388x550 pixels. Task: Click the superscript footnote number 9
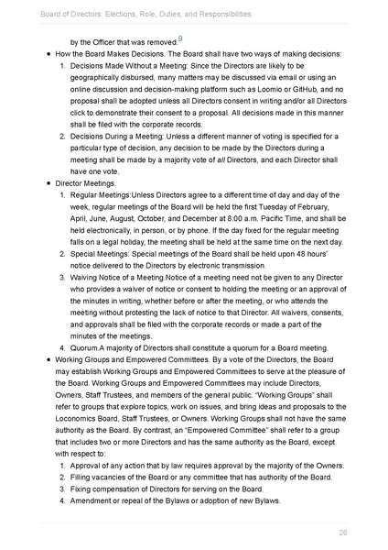tap(180, 38)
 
